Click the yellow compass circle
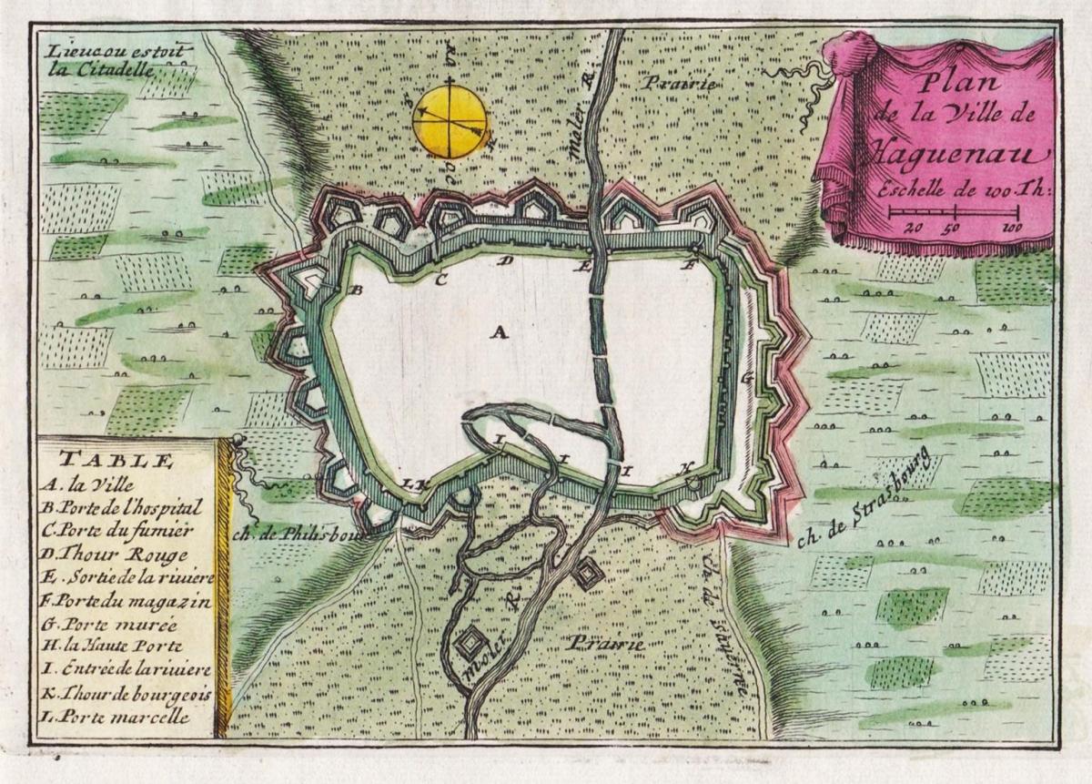pos(450,121)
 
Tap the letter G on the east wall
pos(748,376)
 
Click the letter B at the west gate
pos(357,290)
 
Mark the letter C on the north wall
pos(440,280)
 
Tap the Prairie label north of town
pos(679,83)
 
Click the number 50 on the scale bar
pos(955,228)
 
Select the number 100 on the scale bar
pos(1009,228)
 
